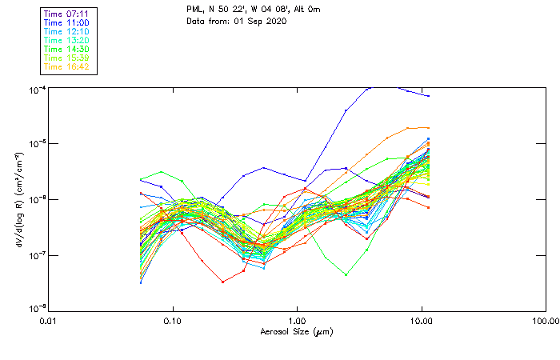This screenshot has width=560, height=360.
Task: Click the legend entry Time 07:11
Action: click(x=66, y=14)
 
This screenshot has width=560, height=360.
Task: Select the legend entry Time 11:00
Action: click(x=66, y=22)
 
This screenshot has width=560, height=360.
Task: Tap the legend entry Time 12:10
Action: click(x=66, y=31)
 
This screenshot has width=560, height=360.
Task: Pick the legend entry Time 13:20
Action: click(x=66, y=40)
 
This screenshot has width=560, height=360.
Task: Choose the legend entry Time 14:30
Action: click(x=66, y=49)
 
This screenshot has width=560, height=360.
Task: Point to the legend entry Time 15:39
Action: click(x=66, y=58)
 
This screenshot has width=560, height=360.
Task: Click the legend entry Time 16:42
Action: click(x=66, y=66)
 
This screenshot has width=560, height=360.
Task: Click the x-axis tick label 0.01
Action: click(x=48, y=322)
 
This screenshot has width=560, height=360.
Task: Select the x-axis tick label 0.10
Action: click(x=172, y=322)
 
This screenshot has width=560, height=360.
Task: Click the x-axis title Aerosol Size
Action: click(x=296, y=331)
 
